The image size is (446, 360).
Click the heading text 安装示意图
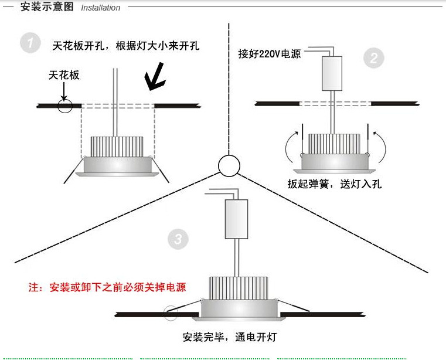[x=47, y=7]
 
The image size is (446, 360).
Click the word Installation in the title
[x=100, y=8]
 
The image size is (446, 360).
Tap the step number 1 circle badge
[x=30, y=44]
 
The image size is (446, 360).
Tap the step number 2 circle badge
[x=374, y=58]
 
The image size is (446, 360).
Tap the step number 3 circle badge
[x=178, y=239]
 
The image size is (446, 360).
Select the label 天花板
[x=64, y=75]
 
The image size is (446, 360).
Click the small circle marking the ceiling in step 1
[x=64, y=106]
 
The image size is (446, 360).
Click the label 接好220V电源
[x=269, y=54]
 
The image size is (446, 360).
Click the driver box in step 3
[x=236, y=219]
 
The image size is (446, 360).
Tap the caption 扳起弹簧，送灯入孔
[x=335, y=184]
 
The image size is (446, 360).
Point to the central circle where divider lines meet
[x=229, y=166]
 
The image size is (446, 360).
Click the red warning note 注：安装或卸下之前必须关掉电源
[x=107, y=287]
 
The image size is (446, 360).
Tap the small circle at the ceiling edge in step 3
[x=172, y=313]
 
